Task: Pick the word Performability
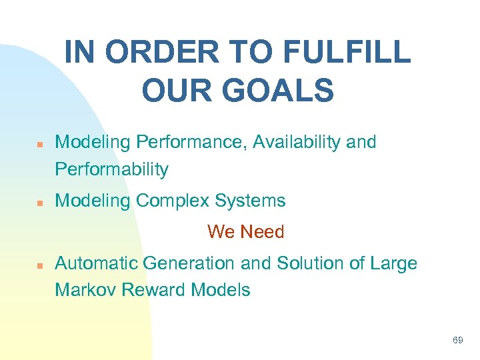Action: (x=111, y=169)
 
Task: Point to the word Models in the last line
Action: (x=220, y=290)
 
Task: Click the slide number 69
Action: (x=457, y=341)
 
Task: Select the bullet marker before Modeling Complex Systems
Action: (x=39, y=201)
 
